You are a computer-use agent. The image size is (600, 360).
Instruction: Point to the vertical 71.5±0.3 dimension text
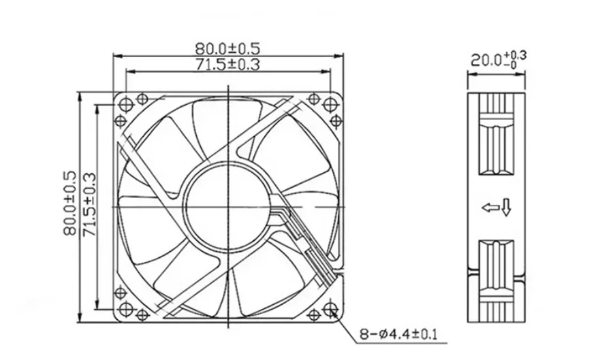(89, 203)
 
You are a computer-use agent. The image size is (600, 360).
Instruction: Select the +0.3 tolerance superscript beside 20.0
(518, 54)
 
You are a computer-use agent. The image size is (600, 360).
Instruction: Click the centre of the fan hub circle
(228, 203)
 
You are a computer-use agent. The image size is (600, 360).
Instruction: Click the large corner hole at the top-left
(125, 103)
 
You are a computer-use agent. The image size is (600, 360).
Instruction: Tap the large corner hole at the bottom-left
(125, 310)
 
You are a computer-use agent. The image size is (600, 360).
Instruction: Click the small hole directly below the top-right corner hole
(335, 120)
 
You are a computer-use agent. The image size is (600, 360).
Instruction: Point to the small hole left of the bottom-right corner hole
(314, 314)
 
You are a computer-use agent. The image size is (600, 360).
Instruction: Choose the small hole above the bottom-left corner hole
(121, 293)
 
